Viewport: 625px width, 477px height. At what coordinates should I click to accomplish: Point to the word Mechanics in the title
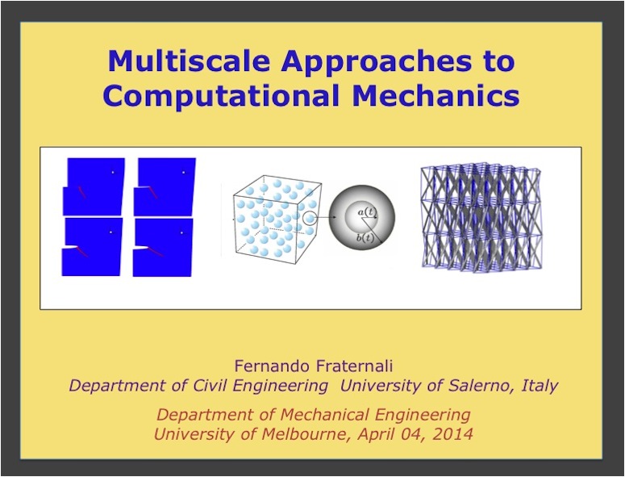tap(435, 95)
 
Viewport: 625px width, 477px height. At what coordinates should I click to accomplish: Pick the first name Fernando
tap(270, 366)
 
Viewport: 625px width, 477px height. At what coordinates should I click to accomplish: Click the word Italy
tap(540, 386)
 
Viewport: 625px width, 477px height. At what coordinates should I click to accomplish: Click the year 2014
tap(453, 434)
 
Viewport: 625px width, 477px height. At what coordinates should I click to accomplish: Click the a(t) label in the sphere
tap(367, 212)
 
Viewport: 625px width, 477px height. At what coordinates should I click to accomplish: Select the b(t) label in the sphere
tap(365, 238)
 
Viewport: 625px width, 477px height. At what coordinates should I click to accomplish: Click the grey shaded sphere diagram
tap(362, 218)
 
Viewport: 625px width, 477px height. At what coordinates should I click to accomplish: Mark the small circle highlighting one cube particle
tap(310, 218)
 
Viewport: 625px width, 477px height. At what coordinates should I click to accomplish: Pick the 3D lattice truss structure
tap(481, 218)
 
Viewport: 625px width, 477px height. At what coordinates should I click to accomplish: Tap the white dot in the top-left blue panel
tap(113, 172)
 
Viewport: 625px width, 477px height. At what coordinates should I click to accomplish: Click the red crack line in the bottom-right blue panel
tap(156, 252)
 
